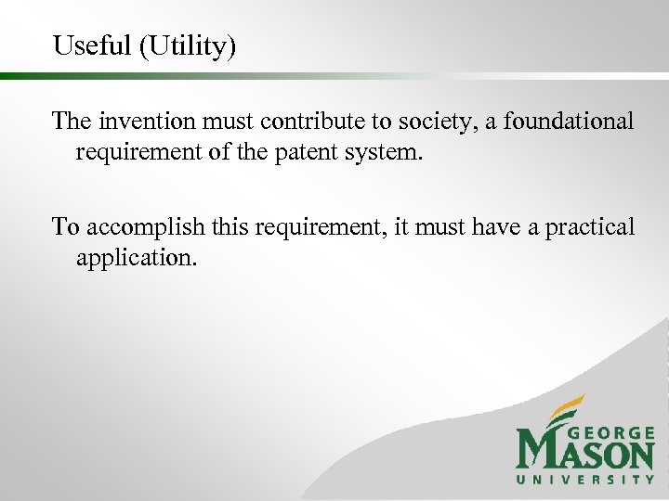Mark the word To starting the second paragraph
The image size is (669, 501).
click(66, 226)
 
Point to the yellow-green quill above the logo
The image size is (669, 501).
click(561, 408)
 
